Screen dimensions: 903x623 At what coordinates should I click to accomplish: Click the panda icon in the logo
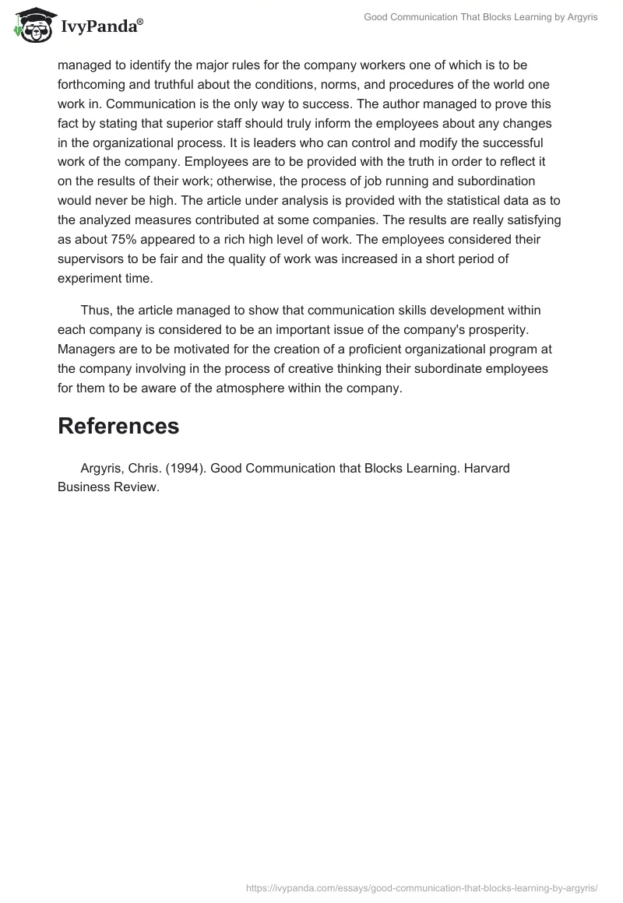[30, 27]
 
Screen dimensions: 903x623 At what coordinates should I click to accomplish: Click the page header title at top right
[480, 17]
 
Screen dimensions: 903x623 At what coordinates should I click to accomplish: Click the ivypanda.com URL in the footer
[421, 887]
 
